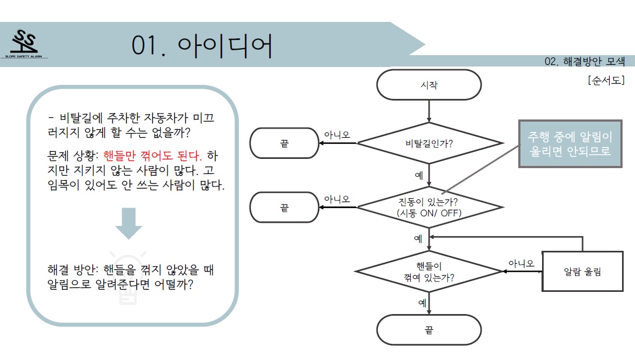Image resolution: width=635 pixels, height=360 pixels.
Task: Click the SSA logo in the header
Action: click(25, 44)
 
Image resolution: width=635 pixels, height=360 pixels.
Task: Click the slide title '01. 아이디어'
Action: click(202, 45)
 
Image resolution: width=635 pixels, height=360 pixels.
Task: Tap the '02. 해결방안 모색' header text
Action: click(584, 62)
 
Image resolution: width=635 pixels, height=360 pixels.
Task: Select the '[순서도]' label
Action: click(606, 80)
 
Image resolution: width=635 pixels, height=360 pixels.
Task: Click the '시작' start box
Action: click(429, 85)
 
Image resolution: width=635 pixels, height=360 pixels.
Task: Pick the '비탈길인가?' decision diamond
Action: click(429, 143)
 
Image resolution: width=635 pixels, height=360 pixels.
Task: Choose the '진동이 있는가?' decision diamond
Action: click(429, 207)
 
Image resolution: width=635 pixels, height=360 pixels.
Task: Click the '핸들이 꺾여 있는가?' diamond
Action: click(429, 271)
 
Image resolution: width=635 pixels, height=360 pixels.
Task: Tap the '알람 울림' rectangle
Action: click(583, 271)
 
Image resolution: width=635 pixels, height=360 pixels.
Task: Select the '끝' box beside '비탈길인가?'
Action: click(284, 143)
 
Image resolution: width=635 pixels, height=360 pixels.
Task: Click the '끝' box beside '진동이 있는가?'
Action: click(284, 208)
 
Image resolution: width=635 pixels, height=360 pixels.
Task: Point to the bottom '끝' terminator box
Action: click(429, 330)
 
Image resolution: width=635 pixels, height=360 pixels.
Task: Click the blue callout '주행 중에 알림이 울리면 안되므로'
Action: click(570, 144)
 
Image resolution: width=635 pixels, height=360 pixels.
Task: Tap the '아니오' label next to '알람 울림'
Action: click(521, 264)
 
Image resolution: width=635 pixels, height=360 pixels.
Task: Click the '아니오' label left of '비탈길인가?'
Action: click(337, 135)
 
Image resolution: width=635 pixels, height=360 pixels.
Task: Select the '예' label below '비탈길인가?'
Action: click(419, 175)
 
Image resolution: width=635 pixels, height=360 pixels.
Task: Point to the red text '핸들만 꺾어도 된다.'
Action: click(152, 156)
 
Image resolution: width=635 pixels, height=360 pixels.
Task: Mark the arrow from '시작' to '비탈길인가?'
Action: click(429, 111)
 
